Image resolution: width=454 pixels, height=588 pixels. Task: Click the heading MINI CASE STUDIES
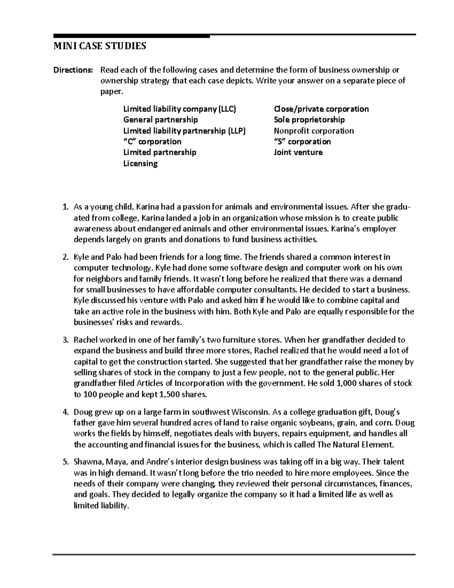click(x=99, y=47)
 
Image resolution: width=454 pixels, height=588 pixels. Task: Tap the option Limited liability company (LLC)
click(x=179, y=109)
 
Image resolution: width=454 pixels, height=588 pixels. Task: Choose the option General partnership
click(x=160, y=120)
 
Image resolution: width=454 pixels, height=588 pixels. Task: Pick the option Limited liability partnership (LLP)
click(x=184, y=131)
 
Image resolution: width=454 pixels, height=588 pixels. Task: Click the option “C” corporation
click(x=152, y=142)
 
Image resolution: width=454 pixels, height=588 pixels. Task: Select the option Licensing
click(x=140, y=164)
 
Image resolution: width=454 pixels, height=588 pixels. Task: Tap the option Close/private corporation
click(x=321, y=109)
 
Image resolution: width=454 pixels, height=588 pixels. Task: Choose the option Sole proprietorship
click(x=309, y=120)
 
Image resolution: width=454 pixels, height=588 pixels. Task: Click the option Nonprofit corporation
click(x=314, y=131)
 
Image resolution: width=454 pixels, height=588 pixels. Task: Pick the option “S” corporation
click(x=302, y=142)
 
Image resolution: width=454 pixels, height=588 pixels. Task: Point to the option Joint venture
click(x=298, y=153)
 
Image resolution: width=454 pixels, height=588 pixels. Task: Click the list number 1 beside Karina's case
click(x=65, y=207)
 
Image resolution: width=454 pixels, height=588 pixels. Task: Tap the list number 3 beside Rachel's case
click(x=65, y=340)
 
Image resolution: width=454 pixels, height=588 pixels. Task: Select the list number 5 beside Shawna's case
click(x=65, y=462)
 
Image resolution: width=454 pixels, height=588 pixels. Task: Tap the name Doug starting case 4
click(x=82, y=412)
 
